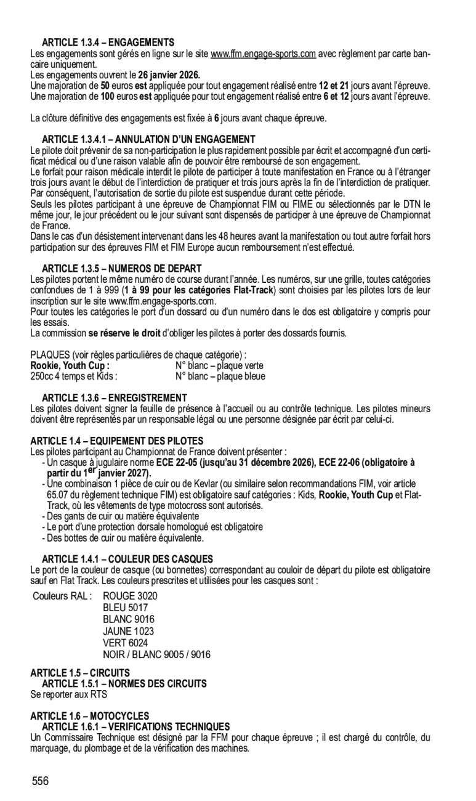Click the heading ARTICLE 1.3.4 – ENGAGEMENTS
(x=108, y=43)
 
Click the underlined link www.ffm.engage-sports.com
(x=263, y=54)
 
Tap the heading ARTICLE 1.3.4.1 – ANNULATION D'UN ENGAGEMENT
(x=148, y=139)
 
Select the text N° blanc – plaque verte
(x=219, y=365)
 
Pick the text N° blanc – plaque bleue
(x=220, y=376)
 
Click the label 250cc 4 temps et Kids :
(x=74, y=376)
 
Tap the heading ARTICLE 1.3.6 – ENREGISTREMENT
(x=114, y=397)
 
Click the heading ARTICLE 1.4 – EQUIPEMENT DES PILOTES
(x=116, y=441)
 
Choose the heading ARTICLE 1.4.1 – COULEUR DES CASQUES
(x=127, y=559)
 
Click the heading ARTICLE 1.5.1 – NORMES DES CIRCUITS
(x=124, y=683)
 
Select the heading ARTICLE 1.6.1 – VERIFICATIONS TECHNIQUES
(x=135, y=726)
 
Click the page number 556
(x=41, y=781)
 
